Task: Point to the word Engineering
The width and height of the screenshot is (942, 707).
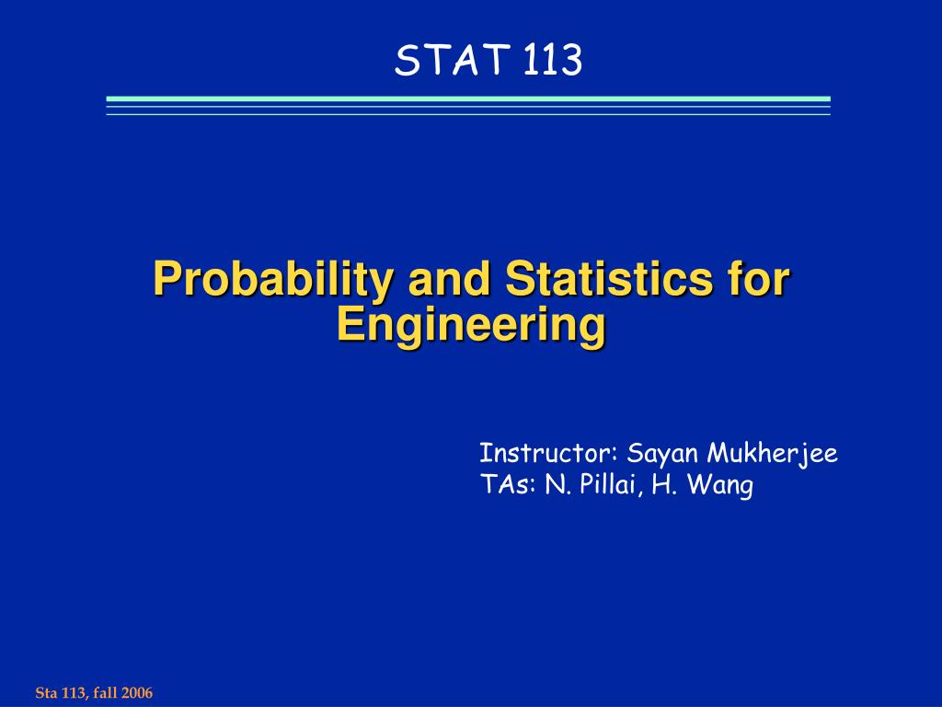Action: [471, 325]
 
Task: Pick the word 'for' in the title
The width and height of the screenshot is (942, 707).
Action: [758, 279]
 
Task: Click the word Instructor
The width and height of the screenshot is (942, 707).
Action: [547, 454]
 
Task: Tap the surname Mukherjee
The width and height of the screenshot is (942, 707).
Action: [772, 455]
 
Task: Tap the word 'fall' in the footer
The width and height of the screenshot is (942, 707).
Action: [104, 692]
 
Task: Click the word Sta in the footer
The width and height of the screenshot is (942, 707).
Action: [45, 692]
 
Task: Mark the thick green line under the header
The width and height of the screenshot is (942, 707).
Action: [468, 99]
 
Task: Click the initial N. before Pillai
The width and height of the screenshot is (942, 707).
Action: [555, 485]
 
